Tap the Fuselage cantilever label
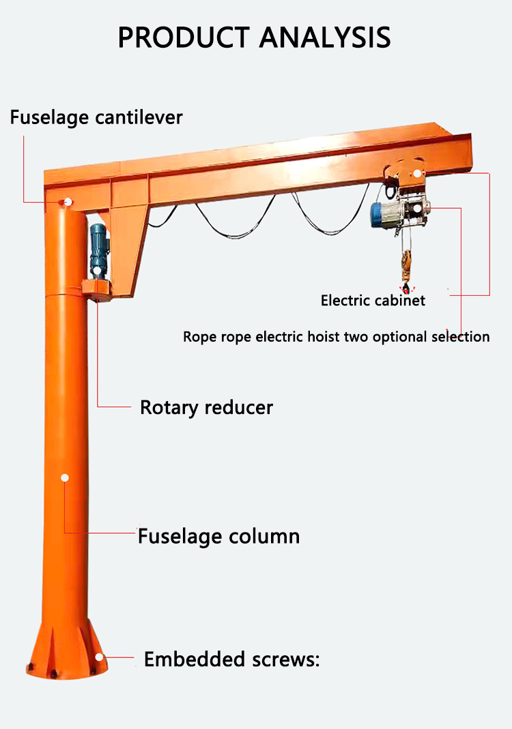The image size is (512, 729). (x=96, y=117)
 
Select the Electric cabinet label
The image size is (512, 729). (x=373, y=300)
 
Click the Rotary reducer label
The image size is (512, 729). (x=206, y=408)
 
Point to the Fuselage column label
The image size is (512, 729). (x=218, y=536)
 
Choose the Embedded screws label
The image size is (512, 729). (x=231, y=659)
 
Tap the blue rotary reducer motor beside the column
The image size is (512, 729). (x=99, y=248)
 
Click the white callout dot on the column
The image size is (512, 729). (x=65, y=477)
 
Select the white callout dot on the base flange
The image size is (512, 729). (x=100, y=657)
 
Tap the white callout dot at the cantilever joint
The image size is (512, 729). (x=68, y=201)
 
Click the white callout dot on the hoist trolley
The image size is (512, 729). (x=418, y=174)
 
